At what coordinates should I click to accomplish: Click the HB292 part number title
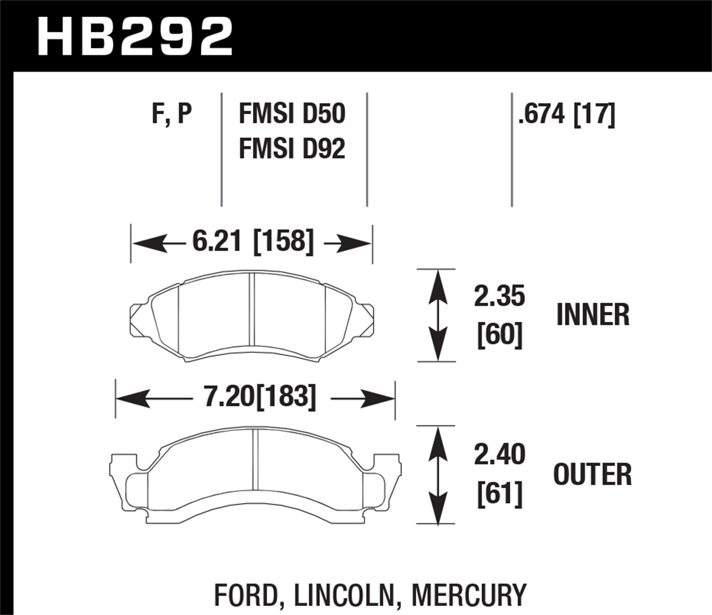136,36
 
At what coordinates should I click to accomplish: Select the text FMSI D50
292,114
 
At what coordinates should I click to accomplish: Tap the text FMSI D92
292,149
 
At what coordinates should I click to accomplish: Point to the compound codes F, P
172,114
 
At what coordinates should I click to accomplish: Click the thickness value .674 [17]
567,114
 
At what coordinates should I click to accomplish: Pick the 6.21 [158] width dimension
253,242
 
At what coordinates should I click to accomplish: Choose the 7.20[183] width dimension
260,397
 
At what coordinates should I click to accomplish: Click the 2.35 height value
499,297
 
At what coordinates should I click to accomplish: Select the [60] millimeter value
499,335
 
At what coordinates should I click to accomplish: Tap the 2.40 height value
499,454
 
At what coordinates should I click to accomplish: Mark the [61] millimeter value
499,494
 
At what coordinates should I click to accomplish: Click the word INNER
593,315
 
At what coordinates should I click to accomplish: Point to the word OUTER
593,474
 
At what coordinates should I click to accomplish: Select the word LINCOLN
345,595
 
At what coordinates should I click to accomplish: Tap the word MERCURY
469,595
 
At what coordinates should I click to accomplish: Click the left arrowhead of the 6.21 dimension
142,244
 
